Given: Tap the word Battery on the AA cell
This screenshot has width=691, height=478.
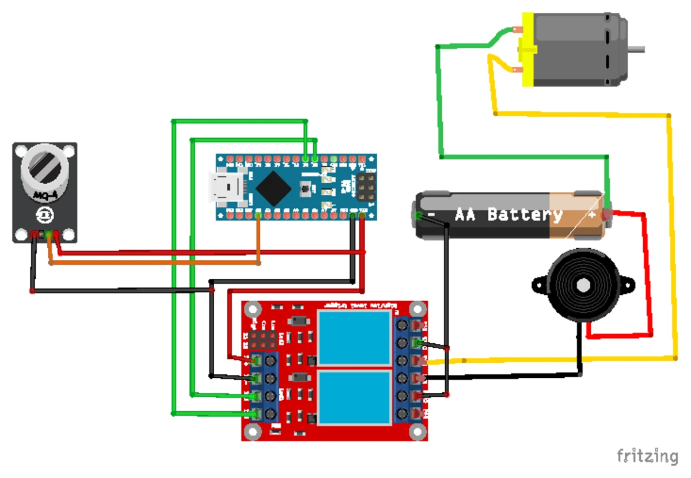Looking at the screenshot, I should pos(525,214).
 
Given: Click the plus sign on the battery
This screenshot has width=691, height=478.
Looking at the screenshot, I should pos(591,214).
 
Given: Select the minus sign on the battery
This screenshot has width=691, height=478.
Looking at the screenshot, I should pos(431,215).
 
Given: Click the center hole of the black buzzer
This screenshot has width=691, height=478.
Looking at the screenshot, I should pos(582,285).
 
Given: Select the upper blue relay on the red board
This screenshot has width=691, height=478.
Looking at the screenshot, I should pos(355,336).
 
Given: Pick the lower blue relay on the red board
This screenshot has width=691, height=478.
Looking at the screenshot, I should pos(355,398).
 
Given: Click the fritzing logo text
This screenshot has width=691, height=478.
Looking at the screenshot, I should pos(648,456).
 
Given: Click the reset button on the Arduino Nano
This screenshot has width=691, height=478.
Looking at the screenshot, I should pos(306,187).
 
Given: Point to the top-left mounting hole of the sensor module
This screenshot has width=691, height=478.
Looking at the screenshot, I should pos(21,151).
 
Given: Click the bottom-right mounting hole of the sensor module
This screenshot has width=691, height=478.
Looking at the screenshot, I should pos(69,234).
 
